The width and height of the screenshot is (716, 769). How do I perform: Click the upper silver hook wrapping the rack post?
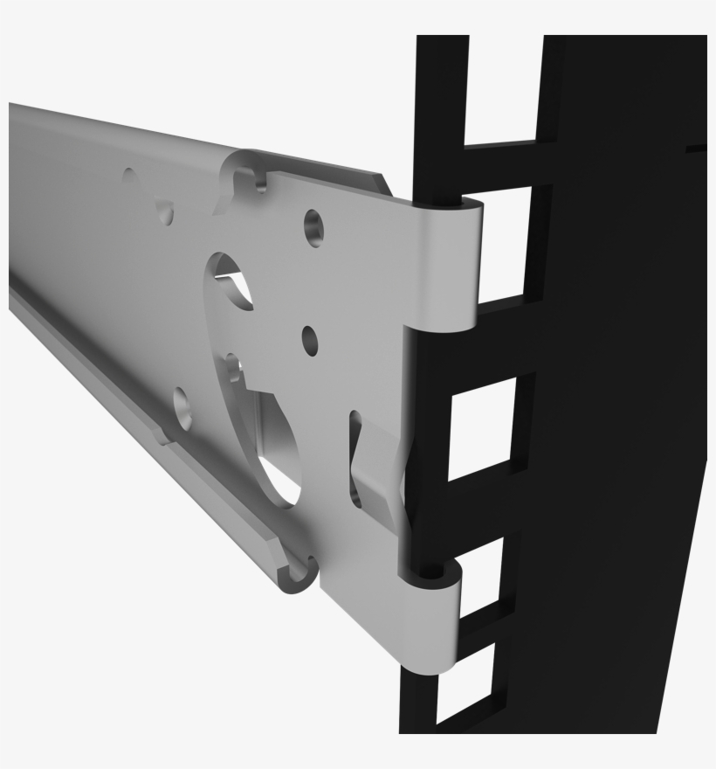click(x=449, y=262)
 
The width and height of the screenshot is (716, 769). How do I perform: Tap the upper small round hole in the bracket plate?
click(x=313, y=227)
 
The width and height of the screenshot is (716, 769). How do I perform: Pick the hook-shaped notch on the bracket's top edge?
click(x=253, y=178)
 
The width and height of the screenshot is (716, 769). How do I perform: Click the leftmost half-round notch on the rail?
click(x=131, y=179)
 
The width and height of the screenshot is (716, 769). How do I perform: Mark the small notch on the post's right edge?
click(x=696, y=149)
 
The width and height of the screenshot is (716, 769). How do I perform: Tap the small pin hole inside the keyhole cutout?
click(x=231, y=371)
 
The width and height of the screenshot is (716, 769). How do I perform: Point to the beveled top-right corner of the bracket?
click(x=384, y=182)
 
